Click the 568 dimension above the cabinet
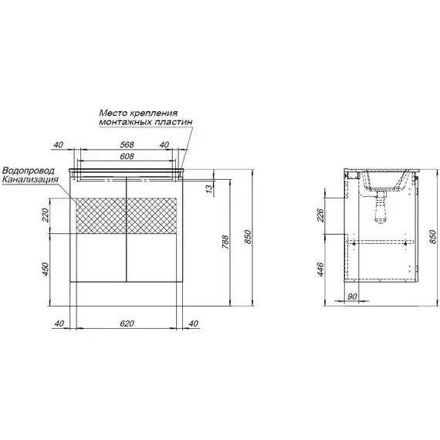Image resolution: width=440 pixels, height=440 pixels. coord(127,144)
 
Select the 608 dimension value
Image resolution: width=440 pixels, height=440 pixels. coord(127,156)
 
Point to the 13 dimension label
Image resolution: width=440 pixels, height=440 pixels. coord(210,189)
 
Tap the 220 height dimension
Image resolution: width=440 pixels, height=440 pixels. coord(46,215)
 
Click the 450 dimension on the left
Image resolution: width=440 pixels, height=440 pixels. coord(46,269)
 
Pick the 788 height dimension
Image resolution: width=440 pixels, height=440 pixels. coord(225,242)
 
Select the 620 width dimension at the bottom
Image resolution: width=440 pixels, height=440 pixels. coord(127,323)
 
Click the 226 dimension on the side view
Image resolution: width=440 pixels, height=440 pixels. coord(320,215)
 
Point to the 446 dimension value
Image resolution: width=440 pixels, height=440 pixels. coord(320,269)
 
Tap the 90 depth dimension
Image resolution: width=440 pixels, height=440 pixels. coord(352,296)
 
